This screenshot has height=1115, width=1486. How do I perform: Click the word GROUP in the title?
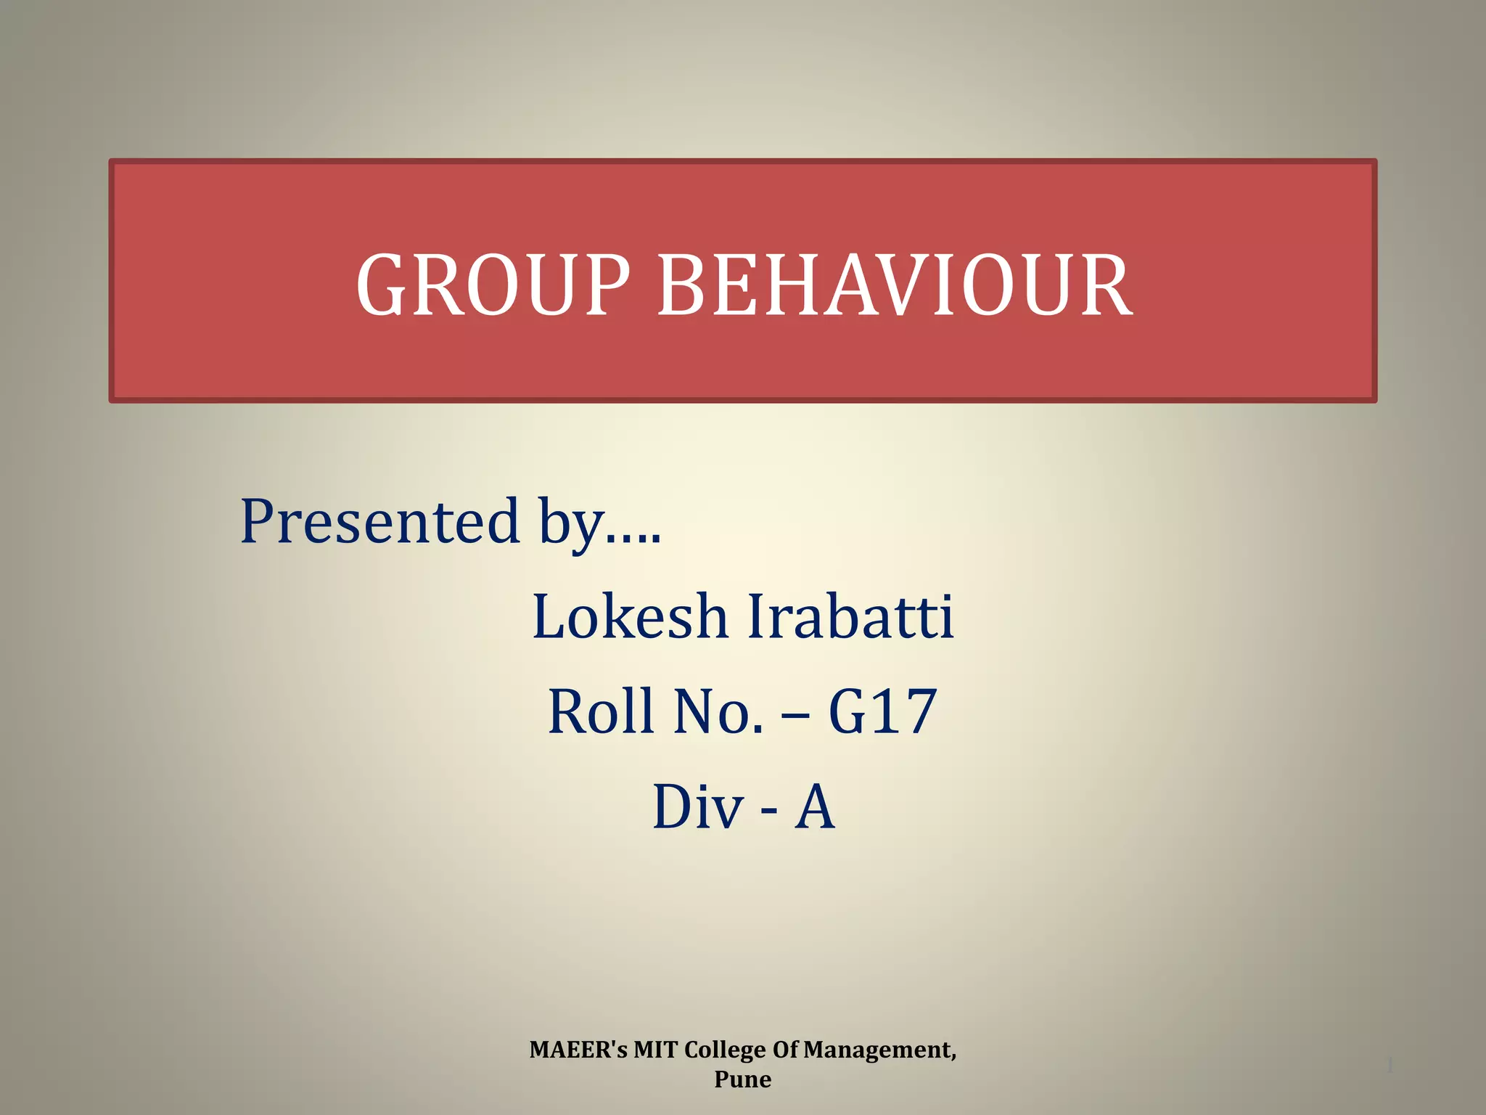coord(493,285)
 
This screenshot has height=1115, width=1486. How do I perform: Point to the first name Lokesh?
coord(630,616)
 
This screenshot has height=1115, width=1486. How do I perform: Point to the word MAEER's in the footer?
coord(578,1050)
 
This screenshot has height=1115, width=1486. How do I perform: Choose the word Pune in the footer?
coord(742,1079)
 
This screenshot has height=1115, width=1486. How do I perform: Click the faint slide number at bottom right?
coord(1389,1066)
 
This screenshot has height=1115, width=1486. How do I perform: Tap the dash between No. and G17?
coord(795,715)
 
